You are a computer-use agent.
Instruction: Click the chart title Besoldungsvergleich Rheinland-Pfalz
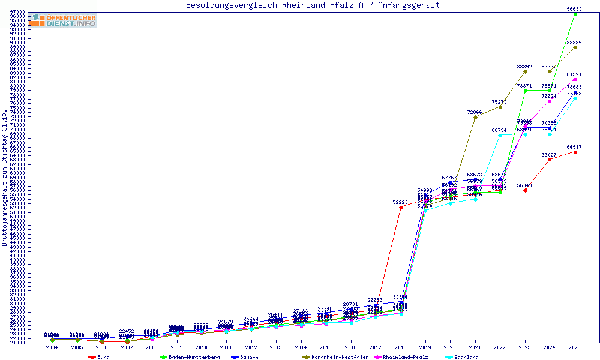coord(313,5)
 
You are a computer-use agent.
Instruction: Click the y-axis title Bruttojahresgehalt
coord(5,178)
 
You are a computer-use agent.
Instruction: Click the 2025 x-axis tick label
coord(575,347)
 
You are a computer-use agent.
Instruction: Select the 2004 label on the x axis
coord(52,347)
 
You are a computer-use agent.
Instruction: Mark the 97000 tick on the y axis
coord(17,12)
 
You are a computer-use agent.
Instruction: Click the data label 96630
coord(575,9)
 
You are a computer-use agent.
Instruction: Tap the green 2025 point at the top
coord(575,14)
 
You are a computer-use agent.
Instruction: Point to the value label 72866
coord(475,112)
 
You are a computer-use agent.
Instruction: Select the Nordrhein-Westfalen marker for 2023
coord(525,71)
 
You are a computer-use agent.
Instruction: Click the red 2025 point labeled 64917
coord(575,152)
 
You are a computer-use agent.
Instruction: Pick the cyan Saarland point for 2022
coord(500,135)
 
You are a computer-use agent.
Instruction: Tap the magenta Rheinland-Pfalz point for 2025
coord(575,79)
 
